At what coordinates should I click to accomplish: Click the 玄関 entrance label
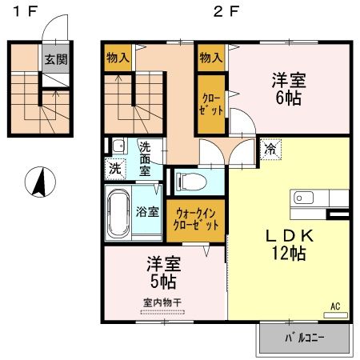point(55,58)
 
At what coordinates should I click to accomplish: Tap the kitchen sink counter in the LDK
point(320,197)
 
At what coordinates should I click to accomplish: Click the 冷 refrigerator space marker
point(270,148)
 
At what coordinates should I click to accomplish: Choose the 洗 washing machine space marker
point(116,169)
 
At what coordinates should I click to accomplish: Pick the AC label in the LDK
point(335,305)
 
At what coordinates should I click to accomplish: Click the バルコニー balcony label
point(304,338)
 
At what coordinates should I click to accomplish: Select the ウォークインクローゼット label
point(196,220)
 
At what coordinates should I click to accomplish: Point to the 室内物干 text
point(162,302)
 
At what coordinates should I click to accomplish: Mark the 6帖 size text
point(290,98)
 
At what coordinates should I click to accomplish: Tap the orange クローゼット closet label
point(211,103)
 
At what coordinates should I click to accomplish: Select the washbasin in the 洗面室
point(118,146)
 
